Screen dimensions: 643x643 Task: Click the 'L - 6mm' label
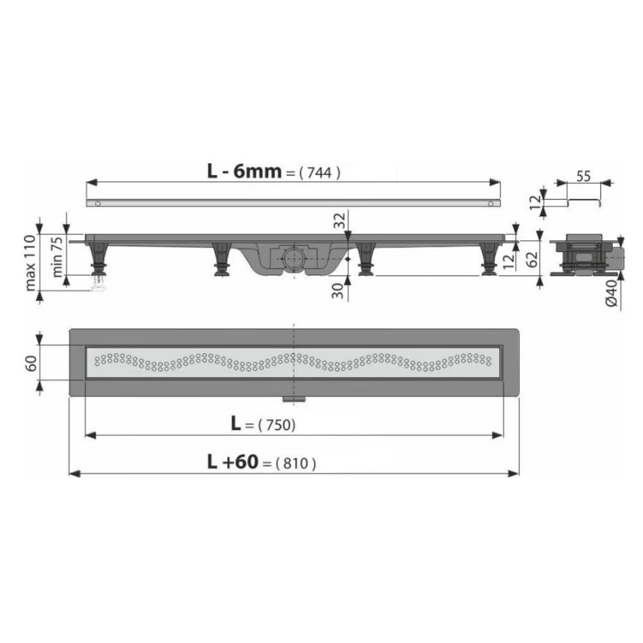tap(244, 171)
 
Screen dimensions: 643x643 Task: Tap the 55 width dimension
tap(583, 176)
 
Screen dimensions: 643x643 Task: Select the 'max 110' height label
tap(30, 262)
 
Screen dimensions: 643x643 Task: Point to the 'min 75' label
tap(57, 257)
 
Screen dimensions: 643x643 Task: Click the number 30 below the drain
tap(338, 291)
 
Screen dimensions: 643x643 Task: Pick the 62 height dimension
tap(532, 259)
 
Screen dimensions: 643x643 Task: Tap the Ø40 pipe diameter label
tap(611, 293)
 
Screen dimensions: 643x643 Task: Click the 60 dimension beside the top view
tap(31, 363)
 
